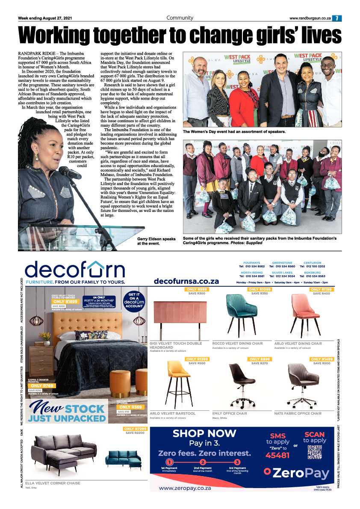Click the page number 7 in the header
click(x=337, y=18)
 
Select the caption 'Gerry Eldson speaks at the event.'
click(x=156, y=241)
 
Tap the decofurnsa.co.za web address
click(x=186, y=281)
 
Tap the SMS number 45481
click(x=277, y=455)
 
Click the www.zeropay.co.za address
click(x=184, y=488)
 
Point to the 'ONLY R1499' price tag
click(x=322, y=359)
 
